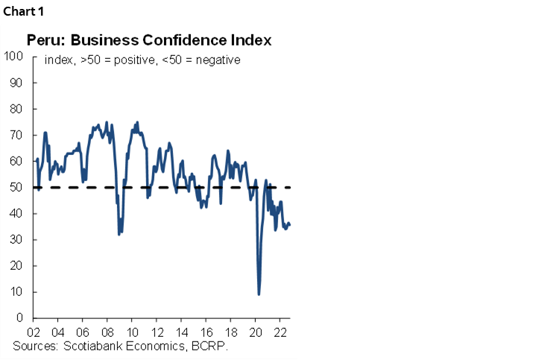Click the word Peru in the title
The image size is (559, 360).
pyautogui.click(x=42, y=40)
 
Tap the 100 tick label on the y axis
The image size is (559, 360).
pyautogui.click(x=13, y=56)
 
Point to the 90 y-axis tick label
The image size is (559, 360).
pyautogui.click(x=16, y=83)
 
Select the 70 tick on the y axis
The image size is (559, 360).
pyautogui.click(x=16, y=135)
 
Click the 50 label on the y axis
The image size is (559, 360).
pyautogui.click(x=16, y=187)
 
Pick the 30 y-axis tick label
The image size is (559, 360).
pyautogui.click(x=16, y=239)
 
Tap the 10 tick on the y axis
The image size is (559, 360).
pyautogui.click(x=16, y=291)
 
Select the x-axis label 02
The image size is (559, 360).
pyautogui.click(x=34, y=332)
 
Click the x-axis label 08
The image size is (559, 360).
pyautogui.click(x=107, y=332)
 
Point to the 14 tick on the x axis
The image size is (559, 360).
pyautogui.click(x=181, y=332)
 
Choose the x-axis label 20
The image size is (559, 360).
pyautogui.click(x=256, y=332)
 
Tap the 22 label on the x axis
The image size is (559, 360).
pyautogui.click(x=280, y=332)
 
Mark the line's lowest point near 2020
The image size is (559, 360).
pyautogui.click(x=259, y=294)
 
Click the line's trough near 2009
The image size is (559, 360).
pyautogui.click(x=119, y=234)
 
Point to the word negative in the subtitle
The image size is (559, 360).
pyautogui.click(x=219, y=60)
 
